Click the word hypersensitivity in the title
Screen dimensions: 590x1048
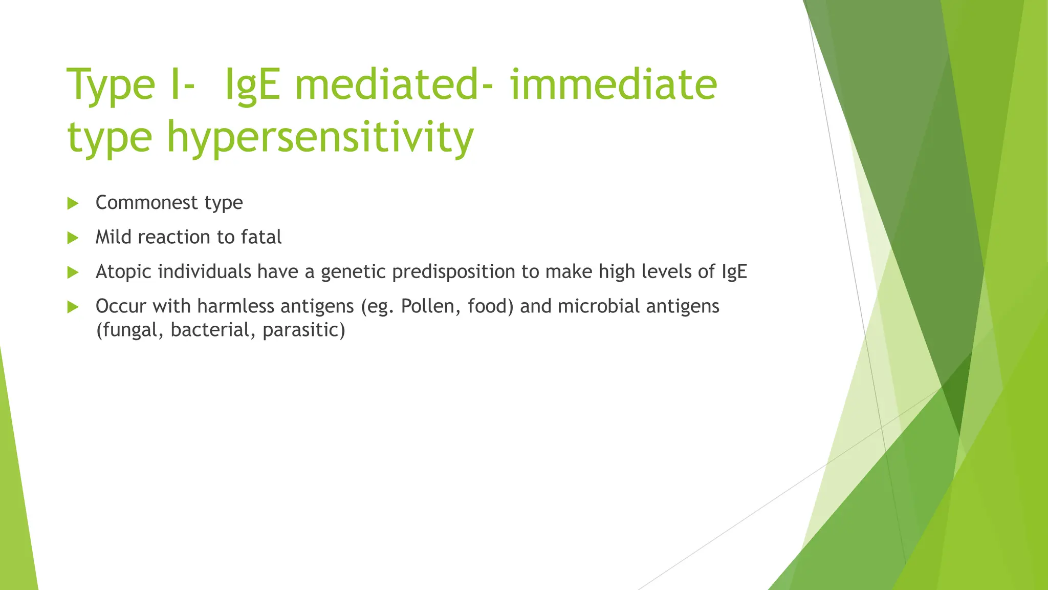(x=320, y=137)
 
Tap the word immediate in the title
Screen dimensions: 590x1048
(x=614, y=85)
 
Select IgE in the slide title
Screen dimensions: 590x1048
(x=252, y=85)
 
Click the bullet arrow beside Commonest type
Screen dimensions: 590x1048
(x=73, y=203)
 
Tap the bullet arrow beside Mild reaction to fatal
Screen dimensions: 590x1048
(x=73, y=238)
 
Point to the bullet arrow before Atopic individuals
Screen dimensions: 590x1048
(x=73, y=272)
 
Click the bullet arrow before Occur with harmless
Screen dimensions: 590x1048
(x=73, y=307)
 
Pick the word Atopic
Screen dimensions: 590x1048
(x=123, y=272)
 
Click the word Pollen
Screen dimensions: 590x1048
(x=431, y=306)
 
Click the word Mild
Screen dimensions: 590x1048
(x=114, y=237)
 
